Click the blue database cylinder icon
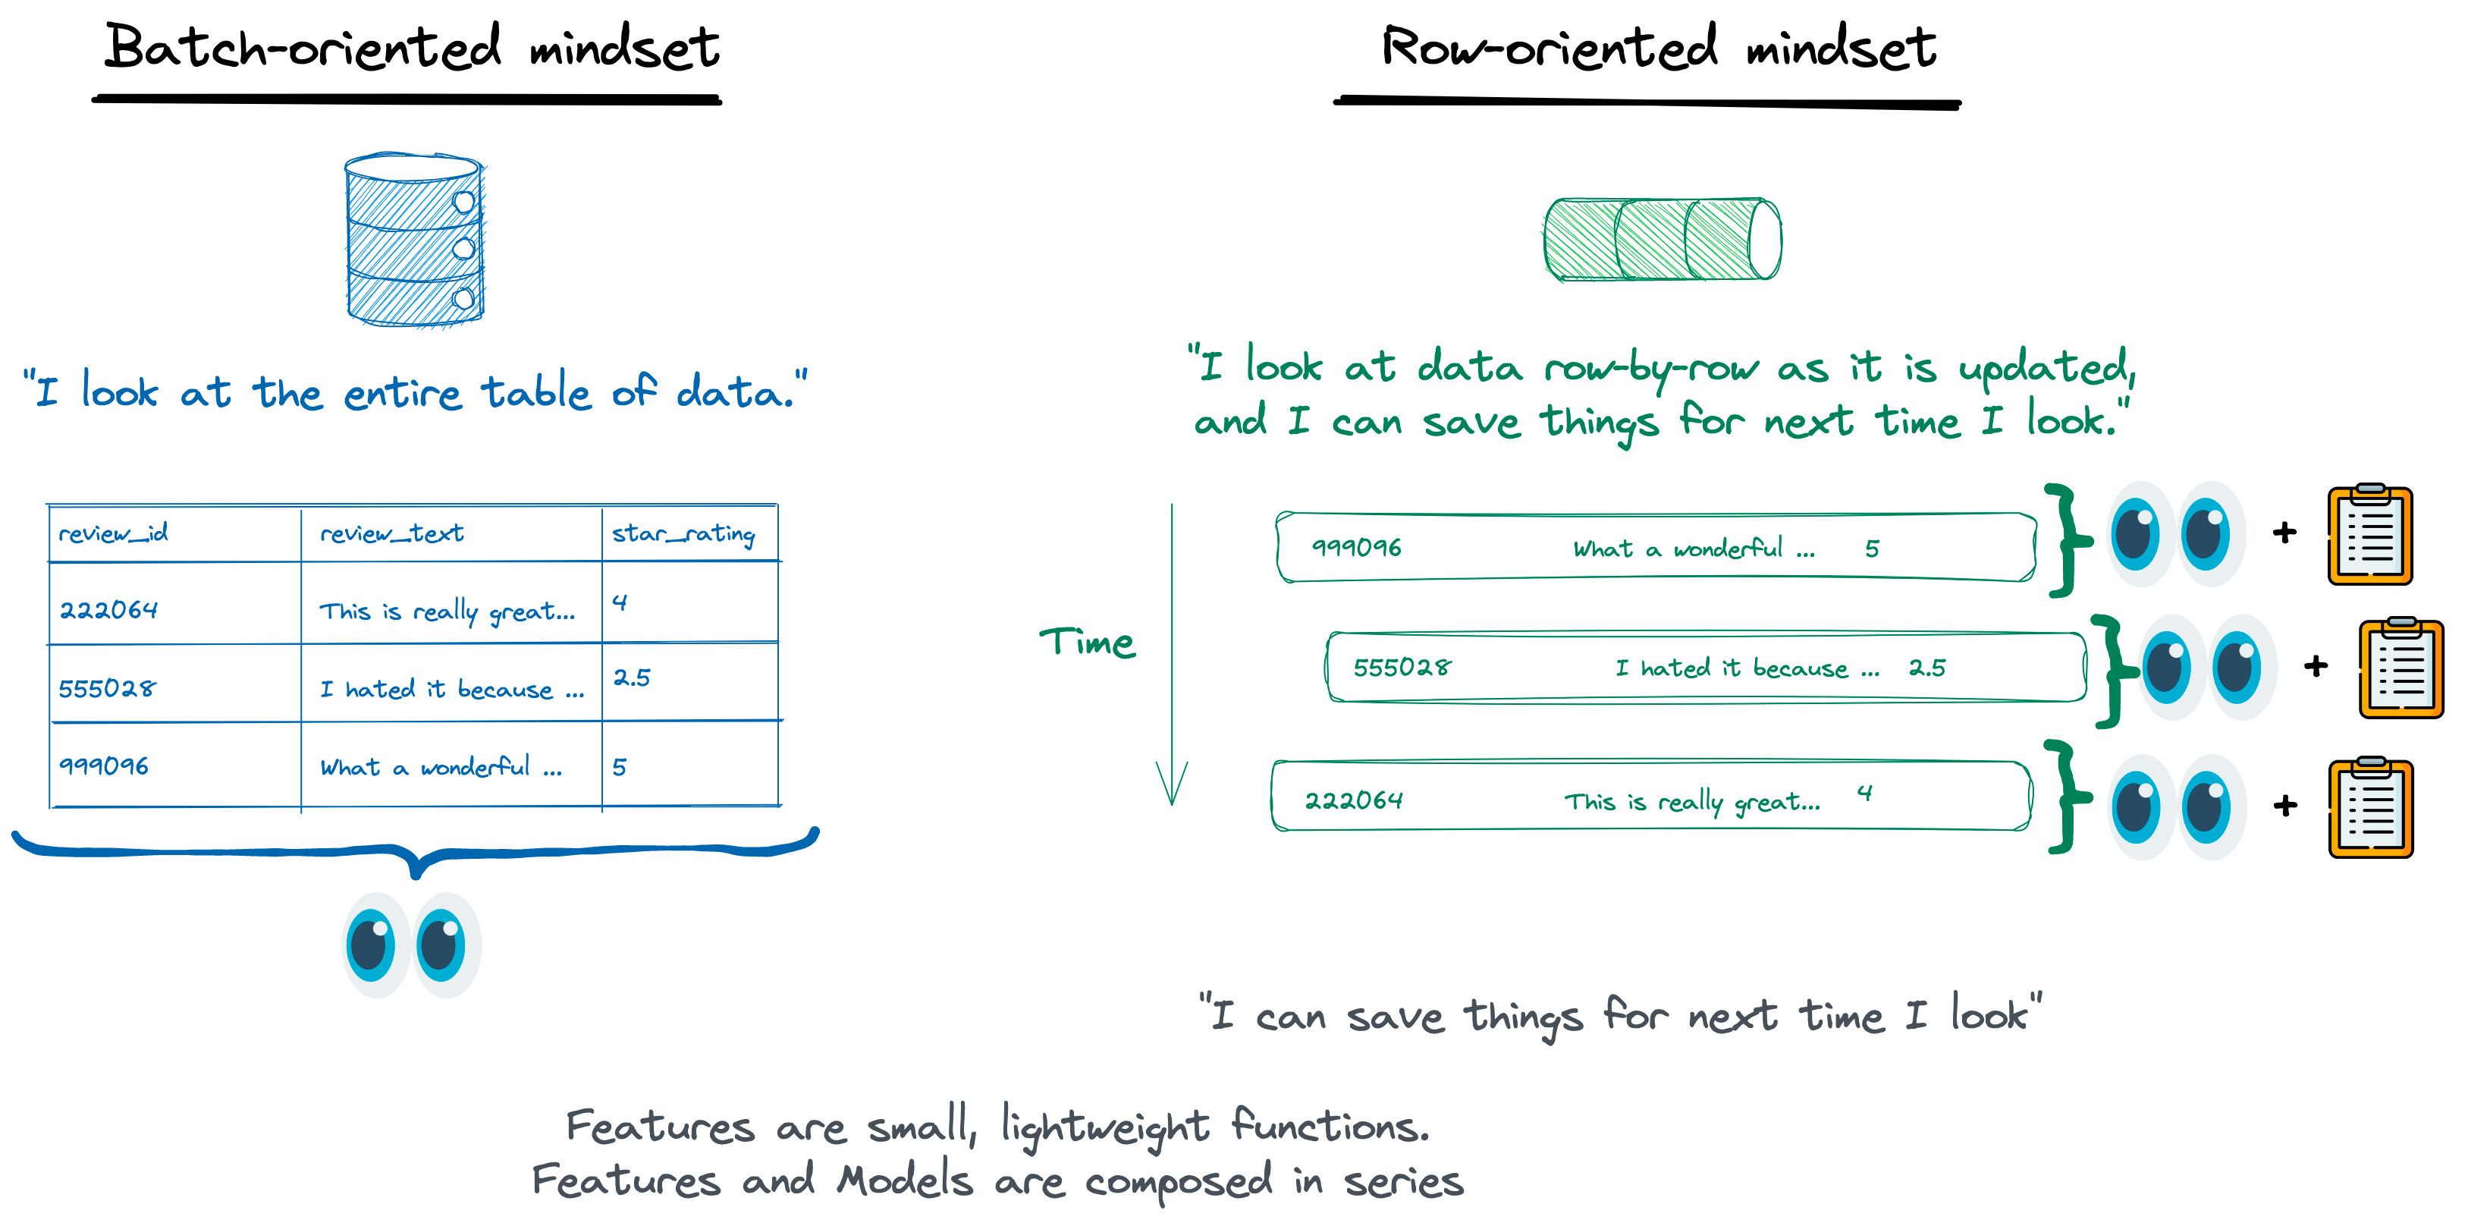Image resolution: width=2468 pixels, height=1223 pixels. (414, 240)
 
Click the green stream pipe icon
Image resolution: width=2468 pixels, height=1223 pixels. (1663, 240)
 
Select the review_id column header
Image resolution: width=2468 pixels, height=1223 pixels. (113, 533)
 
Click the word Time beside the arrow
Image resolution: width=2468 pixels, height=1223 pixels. (1088, 641)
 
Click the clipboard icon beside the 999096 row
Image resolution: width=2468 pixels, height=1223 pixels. (2370, 534)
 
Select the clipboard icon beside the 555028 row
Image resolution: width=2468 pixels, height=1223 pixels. (2401, 667)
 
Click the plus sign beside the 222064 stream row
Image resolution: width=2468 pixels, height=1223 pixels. (2286, 806)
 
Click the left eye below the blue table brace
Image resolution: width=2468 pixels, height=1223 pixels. (374, 944)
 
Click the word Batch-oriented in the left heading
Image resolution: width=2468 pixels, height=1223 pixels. (303, 46)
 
